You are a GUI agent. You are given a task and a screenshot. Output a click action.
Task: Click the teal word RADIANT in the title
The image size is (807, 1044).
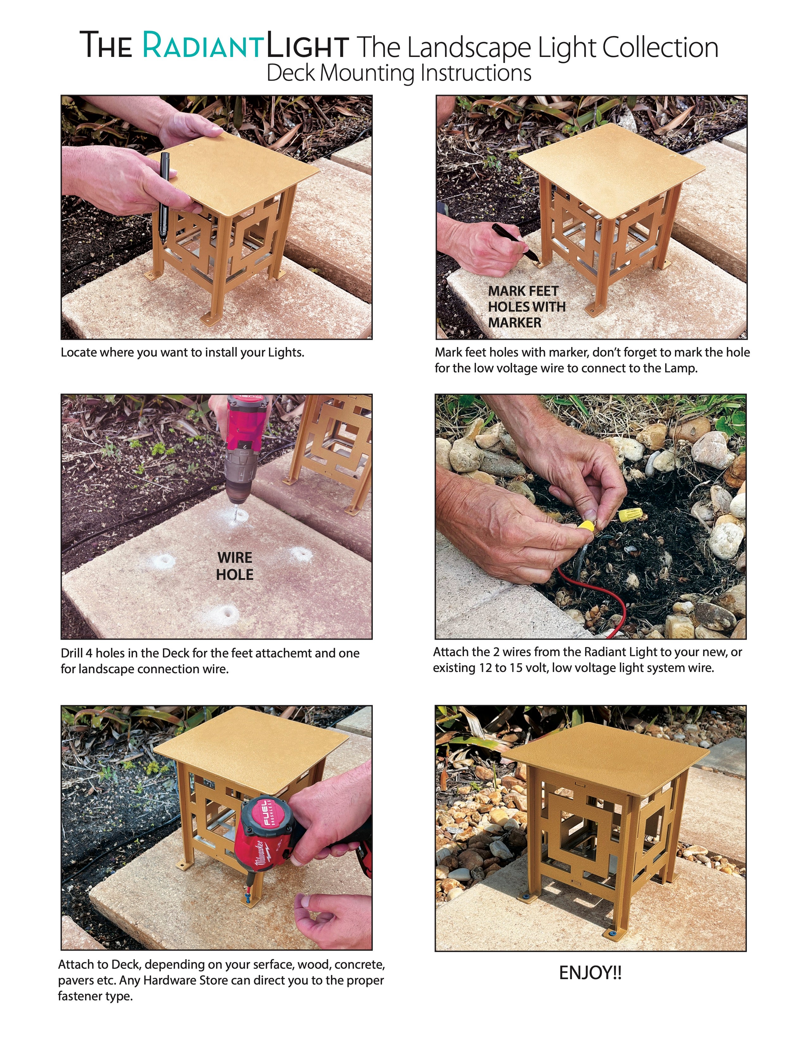coord(203,46)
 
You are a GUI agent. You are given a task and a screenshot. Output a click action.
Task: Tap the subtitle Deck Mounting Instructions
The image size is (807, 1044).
coord(399,73)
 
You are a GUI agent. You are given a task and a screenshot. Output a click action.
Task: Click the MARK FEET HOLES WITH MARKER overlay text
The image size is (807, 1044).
coord(526,307)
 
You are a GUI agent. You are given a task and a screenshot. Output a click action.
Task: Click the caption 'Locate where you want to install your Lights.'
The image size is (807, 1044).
coord(183,353)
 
